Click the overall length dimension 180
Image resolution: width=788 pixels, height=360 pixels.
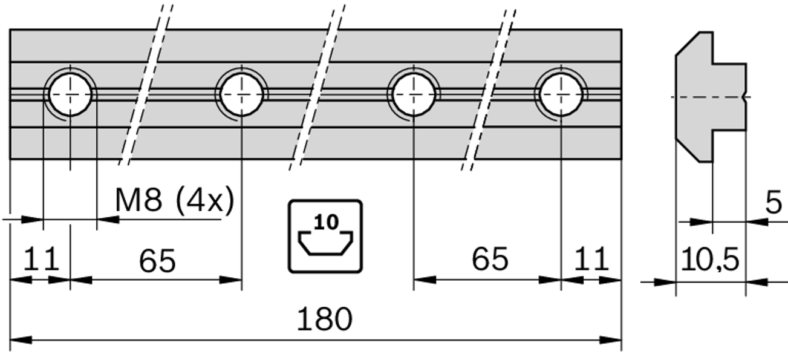[324, 319]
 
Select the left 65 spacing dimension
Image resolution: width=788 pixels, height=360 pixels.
[157, 261]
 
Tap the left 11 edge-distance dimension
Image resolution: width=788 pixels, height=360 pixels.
[41, 260]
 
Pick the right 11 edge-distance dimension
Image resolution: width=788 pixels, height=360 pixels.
[591, 260]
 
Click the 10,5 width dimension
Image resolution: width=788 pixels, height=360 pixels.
[709, 261]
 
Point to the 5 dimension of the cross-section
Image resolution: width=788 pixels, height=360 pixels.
[773, 204]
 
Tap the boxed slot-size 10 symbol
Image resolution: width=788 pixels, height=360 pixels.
[325, 235]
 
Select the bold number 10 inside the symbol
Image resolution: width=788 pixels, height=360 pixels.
[327, 222]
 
